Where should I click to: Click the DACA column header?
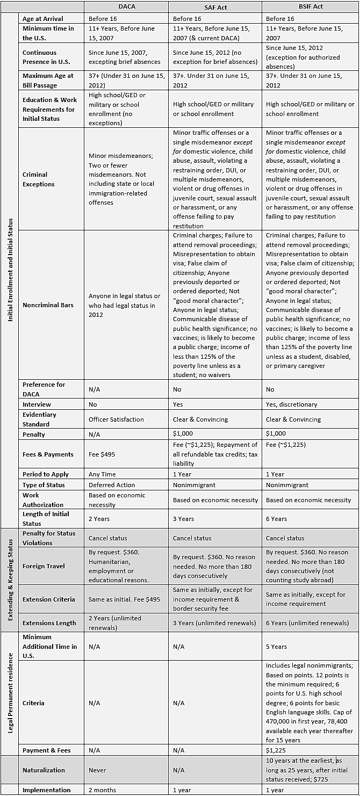click(127, 7)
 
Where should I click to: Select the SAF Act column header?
click(215, 7)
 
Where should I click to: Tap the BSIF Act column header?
click(310, 7)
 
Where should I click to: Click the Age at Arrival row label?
click(43, 18)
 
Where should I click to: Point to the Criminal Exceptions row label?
click(39, 179)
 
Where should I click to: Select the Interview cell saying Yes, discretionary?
click(292, 404)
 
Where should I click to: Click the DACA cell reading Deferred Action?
click(112, 485)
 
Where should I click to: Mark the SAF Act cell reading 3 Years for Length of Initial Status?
click(184, 519)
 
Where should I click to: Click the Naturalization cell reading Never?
click(97, 770)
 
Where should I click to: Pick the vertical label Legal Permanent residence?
click(11, 693)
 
